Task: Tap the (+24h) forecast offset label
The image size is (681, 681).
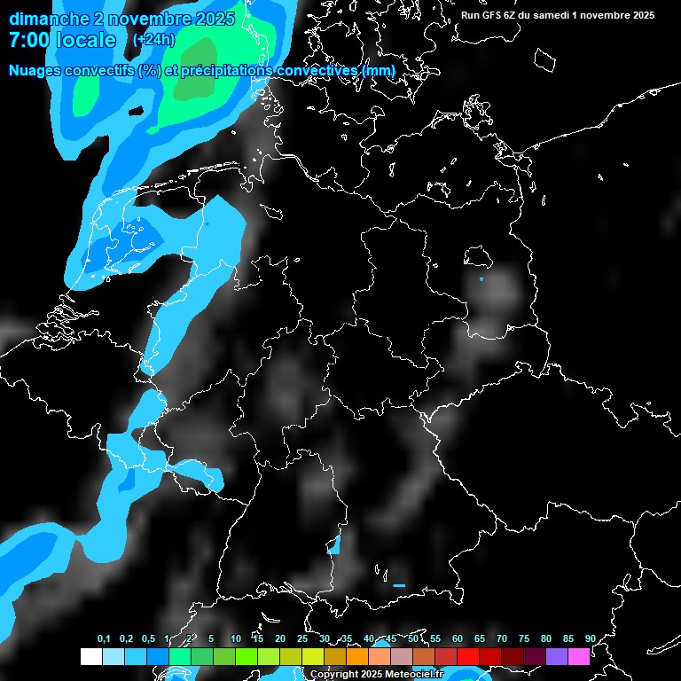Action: (x=153, y=40)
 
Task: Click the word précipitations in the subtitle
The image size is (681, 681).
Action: (x=226, y=71)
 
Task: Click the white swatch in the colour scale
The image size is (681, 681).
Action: (x=90, y=657)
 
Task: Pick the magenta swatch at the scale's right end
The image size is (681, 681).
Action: (x=578, y=657)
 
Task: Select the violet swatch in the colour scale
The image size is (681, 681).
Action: (x=556, y=657)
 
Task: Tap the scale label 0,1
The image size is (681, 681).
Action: (x=104, y=639)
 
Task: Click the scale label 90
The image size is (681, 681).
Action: (x=590, y=639)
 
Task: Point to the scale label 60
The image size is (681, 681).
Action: (x=457, y=639)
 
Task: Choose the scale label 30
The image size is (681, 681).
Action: (x=324, y=639)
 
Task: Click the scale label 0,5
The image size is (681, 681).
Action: (x=148, y=639)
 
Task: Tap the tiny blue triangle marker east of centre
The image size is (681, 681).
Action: (x=481, y=279)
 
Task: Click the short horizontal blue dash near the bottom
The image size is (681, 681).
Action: (x=399, y=585)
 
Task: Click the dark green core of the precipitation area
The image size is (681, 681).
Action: (x=195, y=86)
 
